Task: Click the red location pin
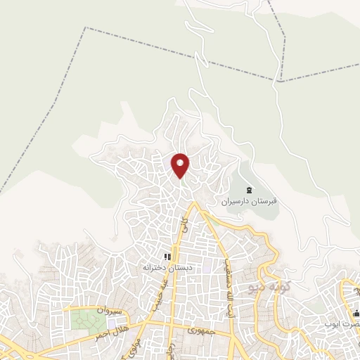click(x=180, y=165)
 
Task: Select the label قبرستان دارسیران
click(x=250, y=201)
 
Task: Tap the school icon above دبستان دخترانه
click(x=167, y=257)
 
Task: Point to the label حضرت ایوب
click(x=349, y=324)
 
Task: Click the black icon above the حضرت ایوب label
click(x=356, y=313)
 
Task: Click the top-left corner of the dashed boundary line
click(x=86, y=28)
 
